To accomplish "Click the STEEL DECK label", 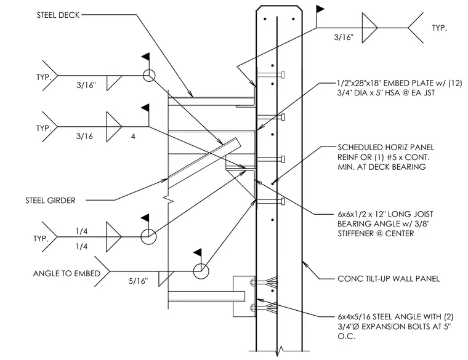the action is coord(58,15).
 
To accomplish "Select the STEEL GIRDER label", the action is coord(50,201).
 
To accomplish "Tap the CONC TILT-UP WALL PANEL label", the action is coord(389,279).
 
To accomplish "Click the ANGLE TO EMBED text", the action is coord(67,273).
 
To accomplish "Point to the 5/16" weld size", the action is coord(138,281).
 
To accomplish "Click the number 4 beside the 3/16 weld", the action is coord(133,136).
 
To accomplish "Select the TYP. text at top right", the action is coord(439,28).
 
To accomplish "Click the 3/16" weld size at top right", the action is coord(344,38).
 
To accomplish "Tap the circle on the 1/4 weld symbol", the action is coord(148,237).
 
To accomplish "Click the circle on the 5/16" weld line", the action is coord(201,271).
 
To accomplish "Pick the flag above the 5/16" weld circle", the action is coord(198,253).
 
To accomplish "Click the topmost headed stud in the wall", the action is coord(271,74).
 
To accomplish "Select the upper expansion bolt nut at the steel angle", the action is coord(252,282).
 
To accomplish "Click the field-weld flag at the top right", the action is coord(320,9).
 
